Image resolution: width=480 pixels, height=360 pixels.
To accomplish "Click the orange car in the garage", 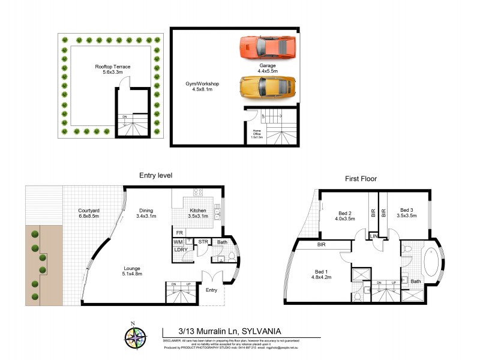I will [267, 47].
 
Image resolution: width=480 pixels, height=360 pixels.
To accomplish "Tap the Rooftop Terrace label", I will [113, 70].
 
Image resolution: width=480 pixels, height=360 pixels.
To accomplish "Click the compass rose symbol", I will [136, 336].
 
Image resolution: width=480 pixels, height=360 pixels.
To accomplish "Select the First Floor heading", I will [361, 178].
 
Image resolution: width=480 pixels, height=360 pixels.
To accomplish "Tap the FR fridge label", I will [179, 232].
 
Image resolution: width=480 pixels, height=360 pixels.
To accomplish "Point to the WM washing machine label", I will [178, 242].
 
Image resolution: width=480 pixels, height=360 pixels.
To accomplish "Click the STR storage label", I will [203, 242].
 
